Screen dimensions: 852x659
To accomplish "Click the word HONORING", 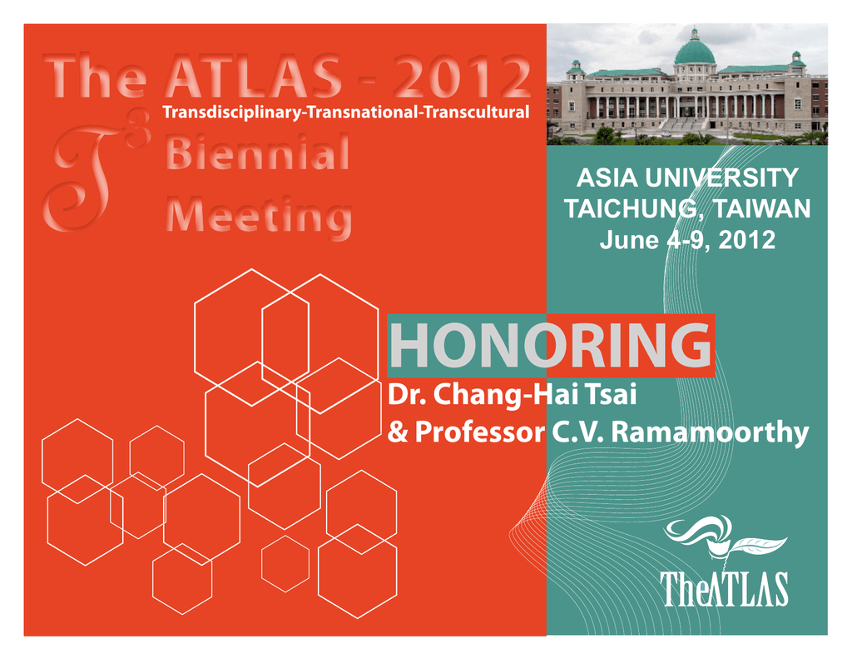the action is coord(551,346).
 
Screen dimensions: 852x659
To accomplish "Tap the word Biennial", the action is coord(257,153).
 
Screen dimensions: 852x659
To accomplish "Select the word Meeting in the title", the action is coord(259,217).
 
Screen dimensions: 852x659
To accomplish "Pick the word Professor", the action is coord(480,432).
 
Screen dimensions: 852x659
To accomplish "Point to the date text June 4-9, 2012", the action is coord(687,240).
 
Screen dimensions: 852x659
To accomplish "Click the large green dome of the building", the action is coord(695,51).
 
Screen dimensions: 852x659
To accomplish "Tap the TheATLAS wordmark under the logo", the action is coord(725,589).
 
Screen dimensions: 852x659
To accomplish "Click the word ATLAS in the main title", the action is coord(254,77).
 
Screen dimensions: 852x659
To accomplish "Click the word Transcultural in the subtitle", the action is coord(477,112).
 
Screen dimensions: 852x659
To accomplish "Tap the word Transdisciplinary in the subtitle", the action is coord(233,112).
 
